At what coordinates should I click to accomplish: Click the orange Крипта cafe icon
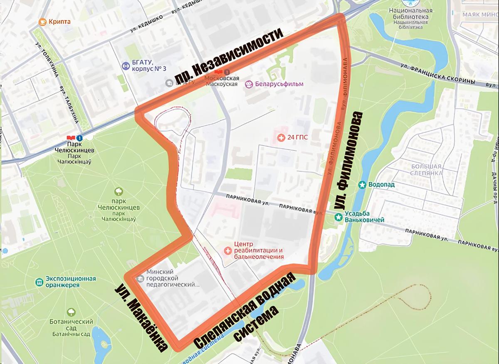click(x=42, y=22)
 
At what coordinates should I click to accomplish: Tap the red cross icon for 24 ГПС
click(x=282, y=137)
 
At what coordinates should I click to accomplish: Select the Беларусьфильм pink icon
click(x=249, y=84)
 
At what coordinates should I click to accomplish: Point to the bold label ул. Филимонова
click(x=348, y=161)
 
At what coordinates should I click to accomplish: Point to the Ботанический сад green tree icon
click(x=71, y=312)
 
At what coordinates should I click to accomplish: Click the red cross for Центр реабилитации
click(x=228, y=250)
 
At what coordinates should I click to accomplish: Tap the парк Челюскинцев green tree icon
click(x=119, y=192)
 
